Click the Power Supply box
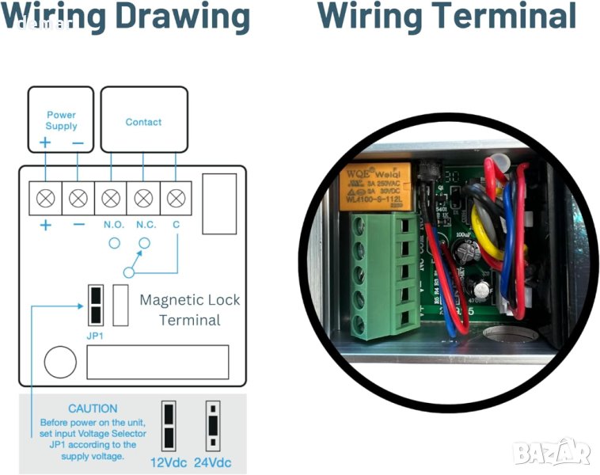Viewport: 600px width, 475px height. [61, 120]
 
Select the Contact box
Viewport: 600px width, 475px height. [143, 120]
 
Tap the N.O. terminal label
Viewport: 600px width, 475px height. [113, 225]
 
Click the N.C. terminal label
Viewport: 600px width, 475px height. [146, 225]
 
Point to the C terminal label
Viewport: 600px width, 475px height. [176, 225]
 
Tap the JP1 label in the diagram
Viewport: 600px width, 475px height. [96, 334]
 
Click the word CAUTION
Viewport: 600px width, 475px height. [93, 408]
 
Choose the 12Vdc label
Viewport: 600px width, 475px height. [169, 462]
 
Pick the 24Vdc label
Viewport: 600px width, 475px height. [212, 462]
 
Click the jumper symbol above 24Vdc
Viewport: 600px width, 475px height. [212, 426]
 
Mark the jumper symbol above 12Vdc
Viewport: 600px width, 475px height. [169, 426]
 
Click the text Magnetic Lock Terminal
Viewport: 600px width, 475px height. [189, 310]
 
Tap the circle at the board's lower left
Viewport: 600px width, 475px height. [60, 363]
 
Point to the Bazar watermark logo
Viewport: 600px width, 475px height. [551, 452]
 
